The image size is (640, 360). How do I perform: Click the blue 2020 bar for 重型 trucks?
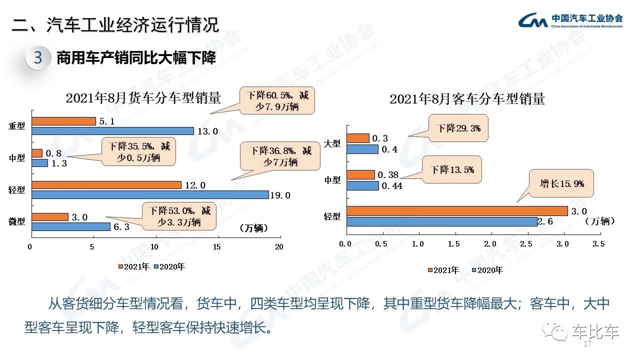(x=112, y=131)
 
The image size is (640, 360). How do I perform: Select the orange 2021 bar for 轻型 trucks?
(x=106, y=185)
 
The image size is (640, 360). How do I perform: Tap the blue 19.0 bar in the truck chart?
(x=150, y=195)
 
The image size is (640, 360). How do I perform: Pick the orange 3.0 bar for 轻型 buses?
(x=456, y=211)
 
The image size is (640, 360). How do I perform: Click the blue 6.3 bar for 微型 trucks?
(x=70, y=226)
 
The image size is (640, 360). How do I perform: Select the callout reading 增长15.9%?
(x=561, y=184)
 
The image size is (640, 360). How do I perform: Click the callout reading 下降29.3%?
(x=458, y=128)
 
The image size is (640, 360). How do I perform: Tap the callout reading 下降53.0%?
(x=180, y=216)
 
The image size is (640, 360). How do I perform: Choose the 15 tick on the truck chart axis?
(x=217, y=247)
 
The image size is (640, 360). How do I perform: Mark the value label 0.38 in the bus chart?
(x=387, y=175)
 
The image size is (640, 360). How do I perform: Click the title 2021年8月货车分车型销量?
(x=143, y=98)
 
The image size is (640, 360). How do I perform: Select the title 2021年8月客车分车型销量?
(x=467, y=99)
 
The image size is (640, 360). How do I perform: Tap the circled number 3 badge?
(x=38, y=58)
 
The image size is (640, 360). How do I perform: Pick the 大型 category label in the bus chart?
(x=332, y=143)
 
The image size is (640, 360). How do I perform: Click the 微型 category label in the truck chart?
(x=17, y=221)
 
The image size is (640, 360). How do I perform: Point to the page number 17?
(x=587, y=345)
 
